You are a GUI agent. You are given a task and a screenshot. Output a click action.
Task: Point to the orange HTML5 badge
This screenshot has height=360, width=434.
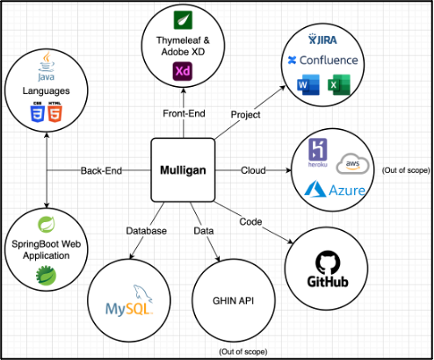pos(56,112)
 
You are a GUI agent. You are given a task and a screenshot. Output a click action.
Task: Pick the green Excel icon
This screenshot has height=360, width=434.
pos(336,86)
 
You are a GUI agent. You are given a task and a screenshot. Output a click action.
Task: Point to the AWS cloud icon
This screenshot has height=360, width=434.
pos(353,164)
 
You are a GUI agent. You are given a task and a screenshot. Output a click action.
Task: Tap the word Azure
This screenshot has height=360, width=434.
pos(337,190)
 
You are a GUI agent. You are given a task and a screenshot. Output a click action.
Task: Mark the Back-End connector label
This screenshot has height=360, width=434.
pos(101,169)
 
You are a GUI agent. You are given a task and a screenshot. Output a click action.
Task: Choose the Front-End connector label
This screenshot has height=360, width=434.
pos(184,114)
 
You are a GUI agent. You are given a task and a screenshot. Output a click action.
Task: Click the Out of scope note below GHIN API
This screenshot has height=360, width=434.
pos(243,350)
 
